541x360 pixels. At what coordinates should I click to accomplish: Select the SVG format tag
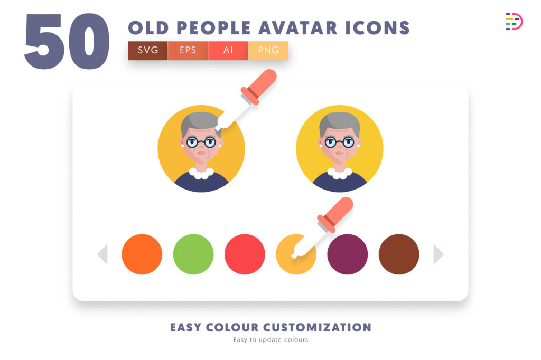[148, 51]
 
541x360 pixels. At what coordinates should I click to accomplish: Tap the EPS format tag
[188, 51]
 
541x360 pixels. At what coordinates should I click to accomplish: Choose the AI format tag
[228, 51]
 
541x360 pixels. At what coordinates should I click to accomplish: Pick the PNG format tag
[268, 51]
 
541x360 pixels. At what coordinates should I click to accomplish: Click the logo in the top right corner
[514, 22]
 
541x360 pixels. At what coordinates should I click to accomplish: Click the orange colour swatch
[142, 254]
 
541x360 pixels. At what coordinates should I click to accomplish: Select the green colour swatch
[193, 254]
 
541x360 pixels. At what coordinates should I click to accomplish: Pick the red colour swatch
[245, 254]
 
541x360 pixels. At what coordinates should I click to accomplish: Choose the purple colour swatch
[348, 254]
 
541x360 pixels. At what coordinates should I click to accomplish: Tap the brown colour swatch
[399, 254]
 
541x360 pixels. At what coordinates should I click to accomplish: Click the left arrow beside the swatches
[103, 254]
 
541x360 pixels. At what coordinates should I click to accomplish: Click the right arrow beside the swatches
[439, 254]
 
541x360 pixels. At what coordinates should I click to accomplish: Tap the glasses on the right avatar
[339, 141]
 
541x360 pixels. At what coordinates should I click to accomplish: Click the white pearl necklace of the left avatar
[201, 173]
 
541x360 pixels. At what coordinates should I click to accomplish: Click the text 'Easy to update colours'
[270, 340]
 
